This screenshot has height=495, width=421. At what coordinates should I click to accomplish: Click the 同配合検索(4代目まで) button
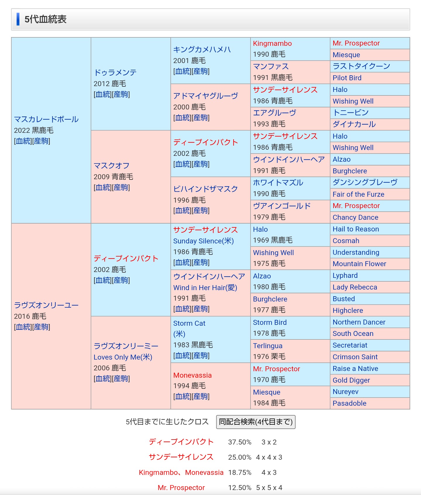pos(256,422)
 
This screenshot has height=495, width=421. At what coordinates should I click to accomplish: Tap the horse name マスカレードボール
pos(46,119)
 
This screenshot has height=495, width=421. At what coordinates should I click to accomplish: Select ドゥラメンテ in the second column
pos(115,73)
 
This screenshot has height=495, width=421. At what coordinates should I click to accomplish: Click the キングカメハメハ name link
pos(202,50)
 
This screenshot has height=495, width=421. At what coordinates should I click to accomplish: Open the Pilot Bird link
pos(347,78)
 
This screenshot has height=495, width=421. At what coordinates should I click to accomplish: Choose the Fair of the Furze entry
pos(358,194)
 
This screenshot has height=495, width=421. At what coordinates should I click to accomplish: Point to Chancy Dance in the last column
pos(355,217)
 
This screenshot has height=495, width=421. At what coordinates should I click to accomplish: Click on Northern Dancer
pos(359,322)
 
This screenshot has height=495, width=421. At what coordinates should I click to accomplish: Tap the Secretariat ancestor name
pos(350,345)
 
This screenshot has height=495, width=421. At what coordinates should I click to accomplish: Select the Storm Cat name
pos(189,323)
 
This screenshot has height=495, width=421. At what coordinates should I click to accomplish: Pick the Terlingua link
pos(268,346)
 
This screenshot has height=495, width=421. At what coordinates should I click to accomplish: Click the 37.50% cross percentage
pos(239,442)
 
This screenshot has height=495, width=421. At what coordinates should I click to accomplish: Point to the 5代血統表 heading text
pos(46,19)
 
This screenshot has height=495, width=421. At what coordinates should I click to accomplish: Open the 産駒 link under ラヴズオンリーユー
pos(41,327)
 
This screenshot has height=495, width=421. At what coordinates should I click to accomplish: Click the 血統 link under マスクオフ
pos(103,188)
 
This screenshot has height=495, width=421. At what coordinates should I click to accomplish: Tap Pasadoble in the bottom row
pos(349,403)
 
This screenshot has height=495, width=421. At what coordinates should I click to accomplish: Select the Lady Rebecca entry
pos(355,287)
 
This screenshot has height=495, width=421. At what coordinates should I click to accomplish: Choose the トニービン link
pos(351,113)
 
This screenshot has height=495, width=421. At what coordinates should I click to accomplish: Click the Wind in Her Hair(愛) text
pos(205,288)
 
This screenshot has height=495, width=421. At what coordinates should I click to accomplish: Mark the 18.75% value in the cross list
pos(239,473)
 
